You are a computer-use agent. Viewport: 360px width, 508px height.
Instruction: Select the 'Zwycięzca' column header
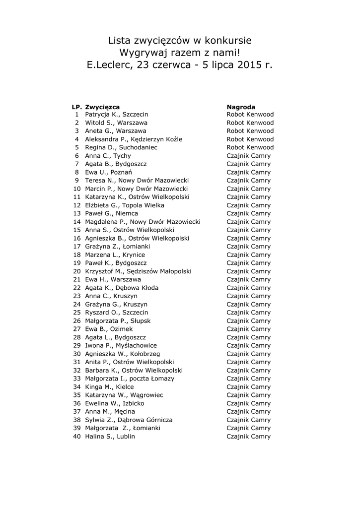[x=102, y=107]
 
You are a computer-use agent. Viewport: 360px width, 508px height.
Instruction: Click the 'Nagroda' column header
[x=241, y=107]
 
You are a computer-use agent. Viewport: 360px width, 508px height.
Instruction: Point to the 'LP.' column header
[x=76, y=107]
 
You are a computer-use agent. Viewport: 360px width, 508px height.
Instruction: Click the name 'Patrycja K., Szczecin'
[x=117, y=115]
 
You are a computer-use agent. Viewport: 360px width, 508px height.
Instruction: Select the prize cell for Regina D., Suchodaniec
[x=250, y=147]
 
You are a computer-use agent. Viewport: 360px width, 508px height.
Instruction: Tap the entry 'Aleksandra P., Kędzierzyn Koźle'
[x=134, y=139]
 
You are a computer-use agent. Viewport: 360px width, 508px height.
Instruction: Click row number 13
[x=76, y=213]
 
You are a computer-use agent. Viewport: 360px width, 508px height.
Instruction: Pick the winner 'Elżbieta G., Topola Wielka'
[x=125, y=205]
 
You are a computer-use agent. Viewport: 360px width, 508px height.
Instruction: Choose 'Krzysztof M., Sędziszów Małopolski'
[x=138, y=271]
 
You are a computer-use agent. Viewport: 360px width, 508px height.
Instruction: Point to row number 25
[x=76, y=313]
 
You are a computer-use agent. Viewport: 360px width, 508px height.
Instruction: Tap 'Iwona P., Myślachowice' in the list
[x=121, y=345]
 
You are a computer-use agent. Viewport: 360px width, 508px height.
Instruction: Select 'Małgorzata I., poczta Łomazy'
[x=130, y=379]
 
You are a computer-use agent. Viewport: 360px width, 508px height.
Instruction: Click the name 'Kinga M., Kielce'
[x=109, y=387]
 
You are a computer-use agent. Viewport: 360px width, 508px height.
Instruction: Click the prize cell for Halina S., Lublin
[x=248, y=437]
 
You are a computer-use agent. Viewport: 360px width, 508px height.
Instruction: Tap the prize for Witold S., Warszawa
[x=250, y=123]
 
